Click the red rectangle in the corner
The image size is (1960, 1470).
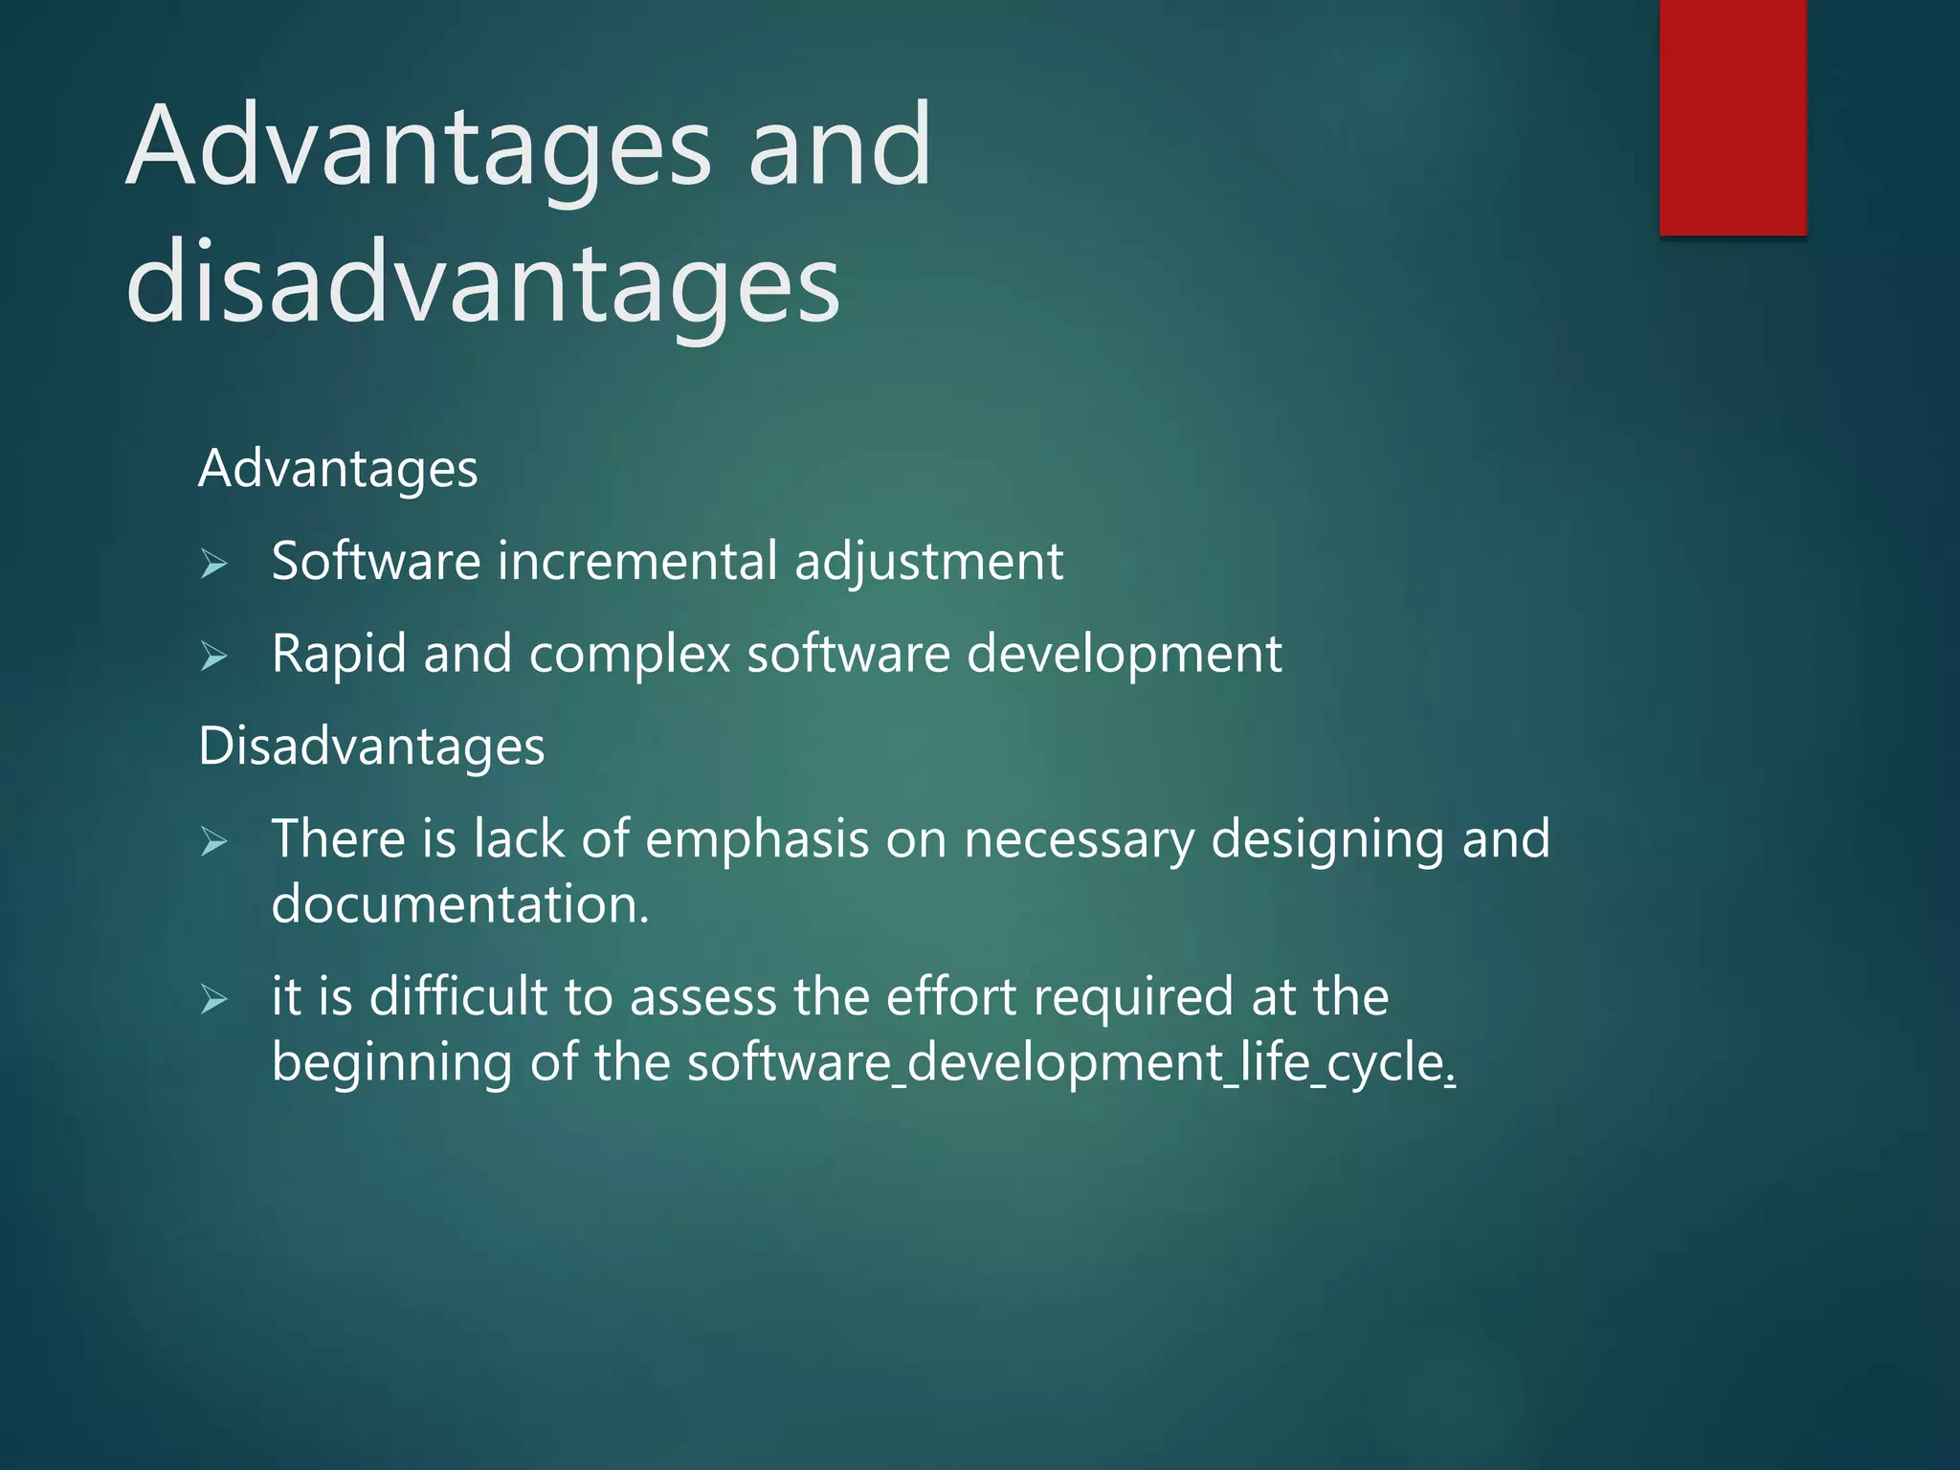[1732, 117]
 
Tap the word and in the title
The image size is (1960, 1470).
[838, 146]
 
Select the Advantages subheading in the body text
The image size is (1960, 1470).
[338, 469]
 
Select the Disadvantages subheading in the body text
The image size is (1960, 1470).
[371, 746]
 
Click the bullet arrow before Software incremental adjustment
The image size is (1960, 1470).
[213, 564]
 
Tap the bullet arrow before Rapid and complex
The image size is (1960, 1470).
[213, 657]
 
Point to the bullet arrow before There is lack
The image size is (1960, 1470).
[213, 842]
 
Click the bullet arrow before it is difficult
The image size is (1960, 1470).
[213, 999]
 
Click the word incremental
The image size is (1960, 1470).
[636, 561]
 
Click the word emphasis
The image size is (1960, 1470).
[757, 840]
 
